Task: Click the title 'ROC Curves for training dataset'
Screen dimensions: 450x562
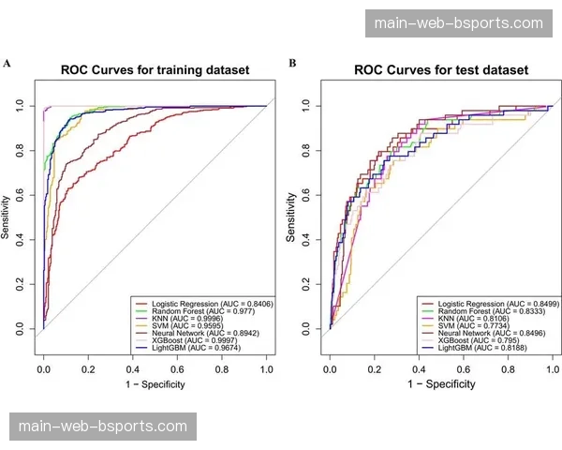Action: [155, 69]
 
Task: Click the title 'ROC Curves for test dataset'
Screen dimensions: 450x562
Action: [440, 69]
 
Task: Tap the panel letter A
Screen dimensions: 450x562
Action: [7, 63]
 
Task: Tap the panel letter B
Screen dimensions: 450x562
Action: [292, 63]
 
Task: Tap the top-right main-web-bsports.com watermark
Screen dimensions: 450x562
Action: [458, 22]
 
